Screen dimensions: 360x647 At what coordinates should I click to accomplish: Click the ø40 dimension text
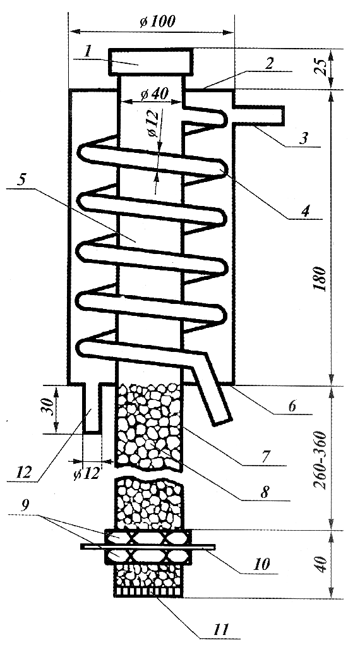point(154,94)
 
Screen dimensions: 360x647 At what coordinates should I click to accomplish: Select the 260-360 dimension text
point(320,460)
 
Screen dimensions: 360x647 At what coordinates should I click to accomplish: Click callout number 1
point(87,51)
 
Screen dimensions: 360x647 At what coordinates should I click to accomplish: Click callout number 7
point(266,457)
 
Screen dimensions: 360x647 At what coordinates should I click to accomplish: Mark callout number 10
point(261,564)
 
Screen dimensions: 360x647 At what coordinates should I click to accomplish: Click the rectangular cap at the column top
point(150,62)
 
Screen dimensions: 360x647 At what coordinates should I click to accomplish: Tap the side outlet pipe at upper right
point(260,115)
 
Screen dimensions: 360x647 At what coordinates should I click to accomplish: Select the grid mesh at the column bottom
point(148,592)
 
